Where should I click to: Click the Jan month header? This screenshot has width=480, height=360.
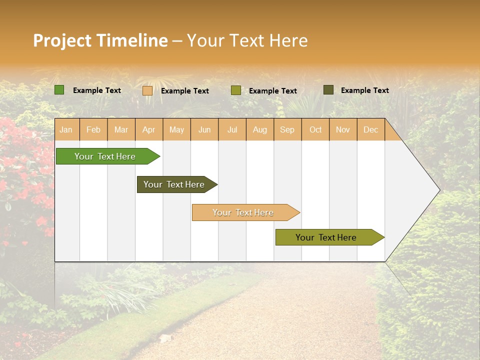66,130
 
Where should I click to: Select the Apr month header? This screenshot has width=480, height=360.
148,130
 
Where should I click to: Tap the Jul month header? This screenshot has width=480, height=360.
232,130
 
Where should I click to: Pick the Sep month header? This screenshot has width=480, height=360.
287,130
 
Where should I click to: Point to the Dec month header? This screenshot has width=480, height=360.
370,130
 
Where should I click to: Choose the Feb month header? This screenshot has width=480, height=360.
93,130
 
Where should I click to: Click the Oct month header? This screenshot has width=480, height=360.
315,130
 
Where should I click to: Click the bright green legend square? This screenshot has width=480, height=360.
59,90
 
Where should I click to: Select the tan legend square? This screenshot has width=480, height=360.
147,90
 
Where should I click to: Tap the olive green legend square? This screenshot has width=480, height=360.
236,90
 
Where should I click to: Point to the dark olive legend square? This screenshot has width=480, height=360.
328,90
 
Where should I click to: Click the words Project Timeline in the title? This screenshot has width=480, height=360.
100,40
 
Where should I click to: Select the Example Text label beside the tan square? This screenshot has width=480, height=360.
185,91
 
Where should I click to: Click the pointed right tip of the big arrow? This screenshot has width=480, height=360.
438,190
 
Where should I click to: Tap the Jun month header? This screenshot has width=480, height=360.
204,130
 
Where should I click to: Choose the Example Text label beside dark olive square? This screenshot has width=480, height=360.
365,90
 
